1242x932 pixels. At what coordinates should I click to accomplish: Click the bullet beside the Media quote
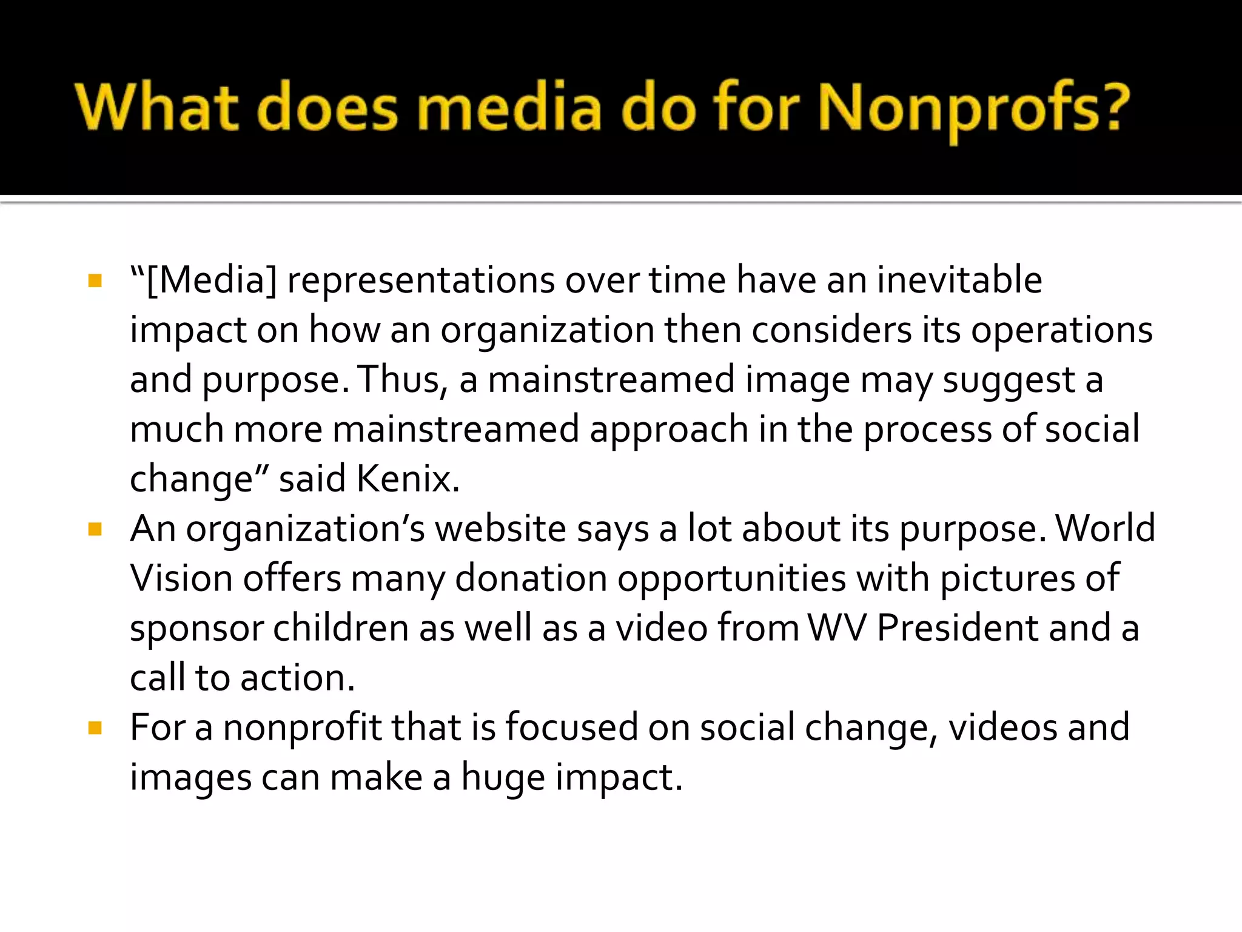pos(95,280)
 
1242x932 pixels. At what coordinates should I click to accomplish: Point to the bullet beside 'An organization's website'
pos(95,529)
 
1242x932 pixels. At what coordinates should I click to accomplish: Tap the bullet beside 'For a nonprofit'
pos(95,728)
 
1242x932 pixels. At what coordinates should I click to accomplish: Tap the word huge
pos(503,778)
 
